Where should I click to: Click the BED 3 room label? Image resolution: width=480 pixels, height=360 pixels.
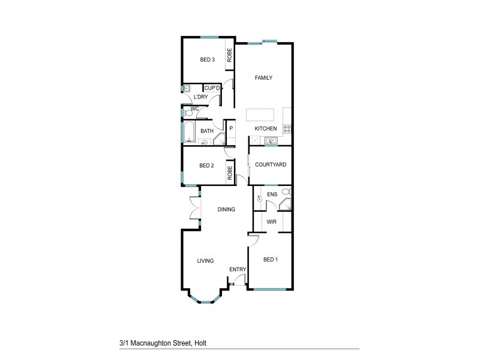coord(207,59)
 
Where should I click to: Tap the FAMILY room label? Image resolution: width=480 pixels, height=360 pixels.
coord(263,78)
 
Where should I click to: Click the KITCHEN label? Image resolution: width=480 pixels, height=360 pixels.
coord(266,129)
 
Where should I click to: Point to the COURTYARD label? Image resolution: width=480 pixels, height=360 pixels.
coord(270,164)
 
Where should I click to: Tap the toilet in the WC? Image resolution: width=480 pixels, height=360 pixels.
coord(190,112)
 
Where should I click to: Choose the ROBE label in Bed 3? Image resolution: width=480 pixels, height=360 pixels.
coord(229,56)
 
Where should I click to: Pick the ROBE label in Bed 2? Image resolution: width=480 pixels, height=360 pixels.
coord(229,173)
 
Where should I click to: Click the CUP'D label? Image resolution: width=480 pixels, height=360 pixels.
coord(212,88)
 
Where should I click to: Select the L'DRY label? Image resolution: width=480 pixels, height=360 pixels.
coord(200,97)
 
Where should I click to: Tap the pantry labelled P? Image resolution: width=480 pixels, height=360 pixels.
coord(230,128)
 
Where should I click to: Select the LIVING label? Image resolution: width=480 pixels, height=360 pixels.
coord(206,261)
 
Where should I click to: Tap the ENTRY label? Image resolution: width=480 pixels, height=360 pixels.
coord(238,269)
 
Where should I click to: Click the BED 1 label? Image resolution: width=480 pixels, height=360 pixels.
coord(271,260)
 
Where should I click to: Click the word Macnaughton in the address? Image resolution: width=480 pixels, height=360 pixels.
coord(154,343)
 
